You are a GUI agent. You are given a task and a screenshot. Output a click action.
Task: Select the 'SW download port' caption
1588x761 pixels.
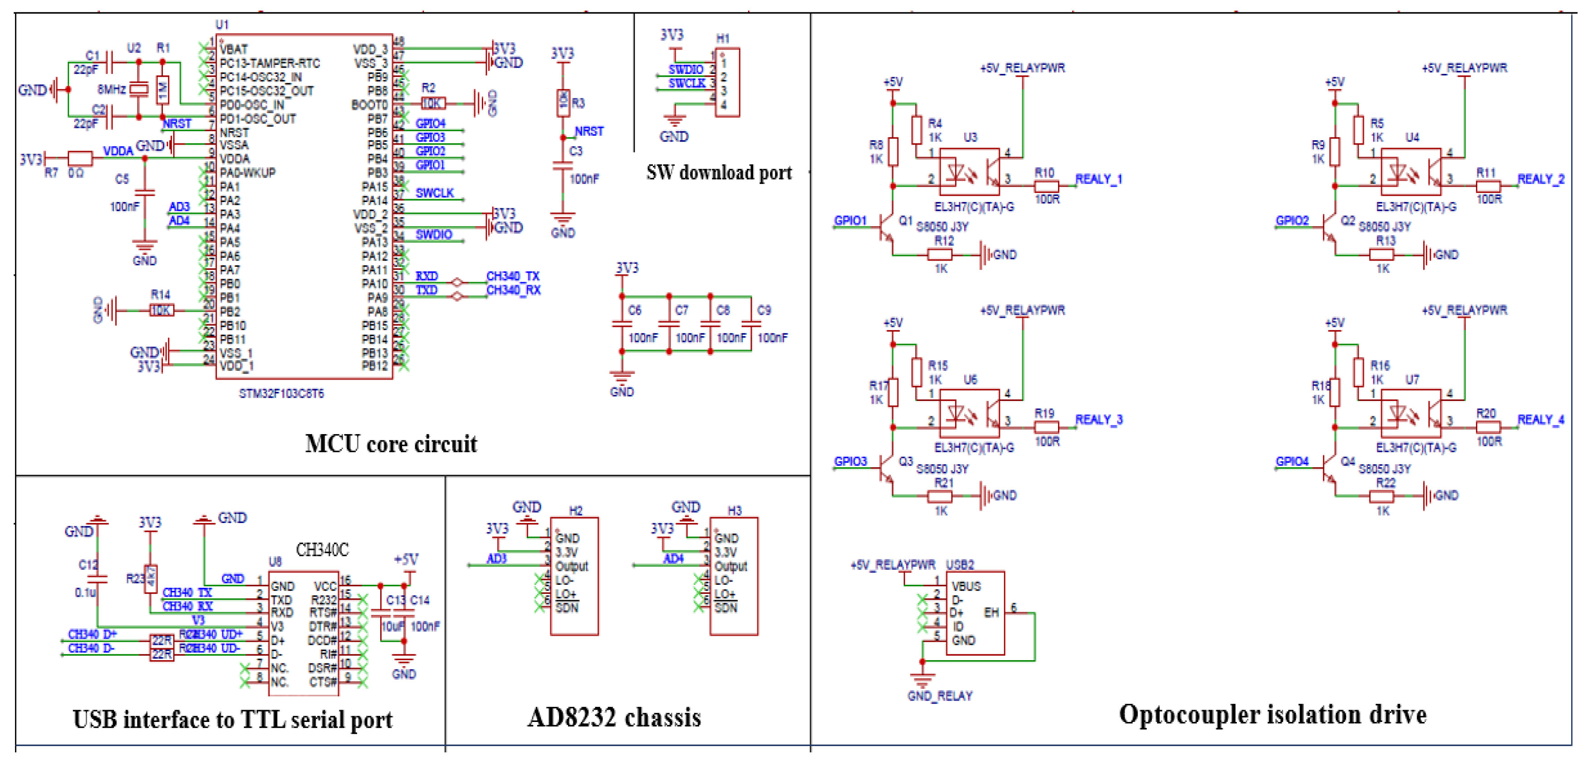tap(719, 173)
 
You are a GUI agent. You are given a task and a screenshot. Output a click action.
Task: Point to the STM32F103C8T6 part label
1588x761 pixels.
tap(281, 394)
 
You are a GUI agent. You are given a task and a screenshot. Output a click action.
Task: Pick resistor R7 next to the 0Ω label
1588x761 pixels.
tap(80, 158)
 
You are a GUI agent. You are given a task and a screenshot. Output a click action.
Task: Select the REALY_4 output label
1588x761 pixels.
tap(1540, 420)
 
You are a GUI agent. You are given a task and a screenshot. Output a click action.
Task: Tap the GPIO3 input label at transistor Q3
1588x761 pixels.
tap(850, 461)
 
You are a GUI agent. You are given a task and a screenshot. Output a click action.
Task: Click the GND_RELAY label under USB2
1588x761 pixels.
tap(940, 696)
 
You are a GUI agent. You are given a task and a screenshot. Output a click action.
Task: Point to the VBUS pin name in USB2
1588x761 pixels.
tap(966, 586)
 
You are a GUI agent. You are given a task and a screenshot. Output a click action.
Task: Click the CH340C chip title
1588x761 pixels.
tap(322, 549)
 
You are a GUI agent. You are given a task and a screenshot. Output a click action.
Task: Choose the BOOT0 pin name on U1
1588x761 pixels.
tap(369, 105)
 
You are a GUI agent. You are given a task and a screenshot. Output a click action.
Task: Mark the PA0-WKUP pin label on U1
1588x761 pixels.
tap(247, 173)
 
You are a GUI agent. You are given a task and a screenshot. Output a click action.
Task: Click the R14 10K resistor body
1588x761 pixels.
tap(162, 310)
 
